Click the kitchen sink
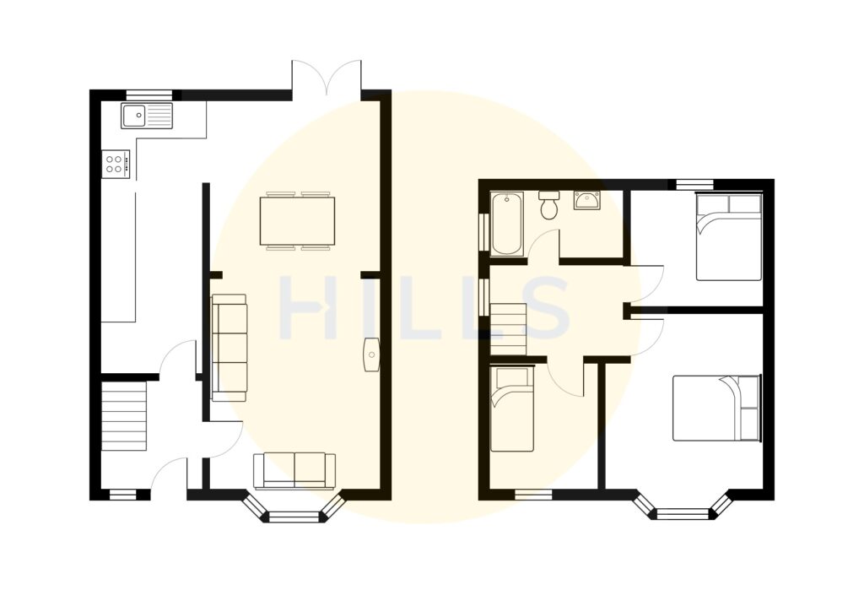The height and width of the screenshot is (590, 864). pyautogui.click(x=146, y=116)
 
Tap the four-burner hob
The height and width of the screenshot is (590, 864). pyautogui.click(x=116, y=164)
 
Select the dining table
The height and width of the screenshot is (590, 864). pyautogui.click(x=297, y=221)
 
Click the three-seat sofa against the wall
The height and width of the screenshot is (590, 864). pyautogui.click(x=229, y=347)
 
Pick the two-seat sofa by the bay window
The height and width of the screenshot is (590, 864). pyautogui.click(x=294, y=470)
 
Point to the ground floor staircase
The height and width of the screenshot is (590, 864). pyautogui.click(x=124, y=416)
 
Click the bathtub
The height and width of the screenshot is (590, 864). pyautogui.click(x=506, y=223)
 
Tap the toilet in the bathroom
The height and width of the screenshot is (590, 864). pyautogui.click(x=549, y=204)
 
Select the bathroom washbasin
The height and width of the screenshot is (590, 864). pyautogui.click(x=586, y=201)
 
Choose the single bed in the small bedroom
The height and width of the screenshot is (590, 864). pyautogui.click(x=512, y=409)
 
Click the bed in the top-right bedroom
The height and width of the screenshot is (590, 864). pyautogui.click(x=728, y=237)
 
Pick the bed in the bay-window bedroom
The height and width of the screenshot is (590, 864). pyautogui.click(x=716, y=409)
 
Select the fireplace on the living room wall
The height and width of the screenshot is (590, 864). pyautogui.click(x=371, y=355)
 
